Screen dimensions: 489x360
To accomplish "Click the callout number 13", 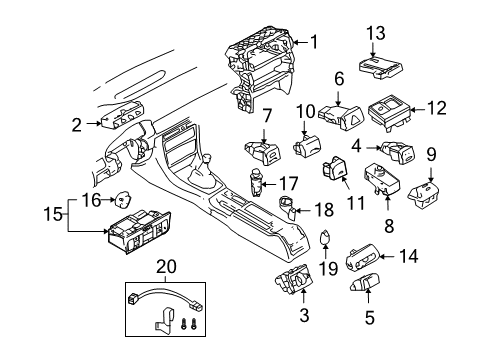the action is click(376, 33).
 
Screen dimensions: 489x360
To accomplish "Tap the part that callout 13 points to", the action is click(381, 67).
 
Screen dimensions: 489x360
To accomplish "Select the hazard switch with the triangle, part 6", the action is click(340, 117).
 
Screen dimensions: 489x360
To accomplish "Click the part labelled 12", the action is click(390, 112).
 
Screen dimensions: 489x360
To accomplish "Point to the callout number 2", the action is click(76, 125).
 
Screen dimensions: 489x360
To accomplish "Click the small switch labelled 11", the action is click(335, 167).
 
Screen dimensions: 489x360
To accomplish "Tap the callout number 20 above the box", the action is click(166, 267).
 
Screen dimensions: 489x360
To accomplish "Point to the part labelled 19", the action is click(325, 237).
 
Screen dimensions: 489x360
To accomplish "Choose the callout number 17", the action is click(288, 184).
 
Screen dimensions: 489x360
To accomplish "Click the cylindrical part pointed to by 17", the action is click(256, 183).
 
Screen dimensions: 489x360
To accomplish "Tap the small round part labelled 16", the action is click(122, 199).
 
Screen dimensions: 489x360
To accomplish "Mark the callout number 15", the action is click(53, 214).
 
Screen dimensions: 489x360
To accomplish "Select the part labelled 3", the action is click(294, 279).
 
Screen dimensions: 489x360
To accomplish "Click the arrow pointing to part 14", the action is click(387, 256).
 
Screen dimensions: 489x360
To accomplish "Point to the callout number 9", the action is click(431, 154).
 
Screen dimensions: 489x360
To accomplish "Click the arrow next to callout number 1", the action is click(301, 42).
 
